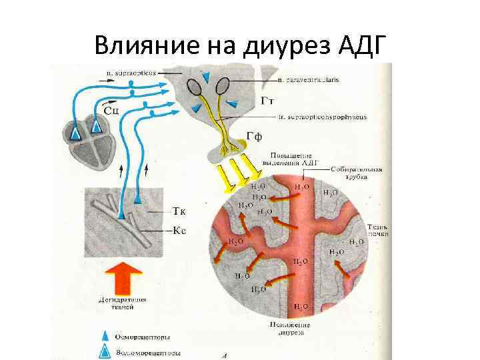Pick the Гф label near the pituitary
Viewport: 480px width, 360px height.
(254, 137)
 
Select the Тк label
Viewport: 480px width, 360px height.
(179, 211)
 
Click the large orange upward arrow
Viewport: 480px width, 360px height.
(124, 277)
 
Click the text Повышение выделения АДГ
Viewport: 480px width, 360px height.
(293, 157)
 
